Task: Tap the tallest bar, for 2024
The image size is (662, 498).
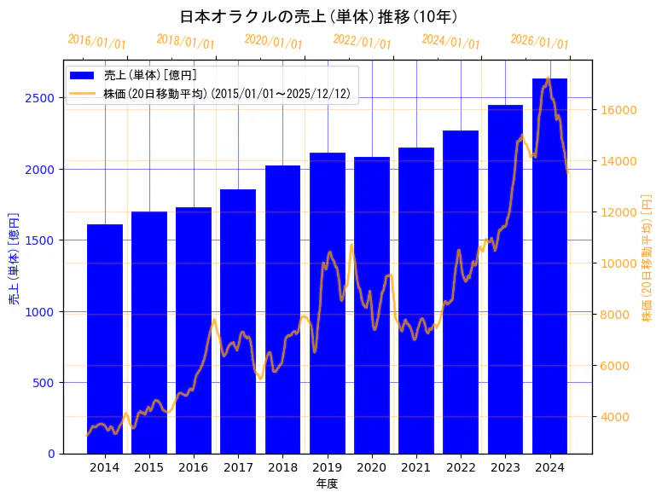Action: [x=549, y=265]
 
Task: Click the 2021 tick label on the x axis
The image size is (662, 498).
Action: [x=416, y=467]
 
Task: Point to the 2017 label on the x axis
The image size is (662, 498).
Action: [x=238, y=467]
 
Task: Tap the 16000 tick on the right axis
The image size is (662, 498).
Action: [x=616, y=110]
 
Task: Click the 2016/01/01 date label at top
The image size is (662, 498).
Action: [x=96, y=42]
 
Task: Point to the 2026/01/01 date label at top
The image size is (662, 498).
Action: [x=539, y=42]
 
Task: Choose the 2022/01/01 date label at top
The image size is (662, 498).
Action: [x=362, y=42]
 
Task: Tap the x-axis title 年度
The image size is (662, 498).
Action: [x=327, y=484]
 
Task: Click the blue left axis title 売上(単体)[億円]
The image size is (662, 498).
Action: [x=14, y=258]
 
